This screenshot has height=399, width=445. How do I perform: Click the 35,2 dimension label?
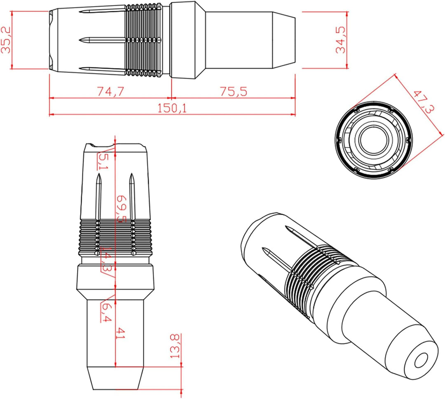tap(6, 40)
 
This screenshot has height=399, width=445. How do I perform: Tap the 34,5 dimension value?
tap(341, 40)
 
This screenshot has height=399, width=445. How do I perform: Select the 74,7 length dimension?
tap(110, 91)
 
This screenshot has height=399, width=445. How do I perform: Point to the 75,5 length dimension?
tap(234, 91)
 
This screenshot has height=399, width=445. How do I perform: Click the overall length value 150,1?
tap(172, 108)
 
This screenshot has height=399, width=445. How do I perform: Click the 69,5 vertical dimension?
tap(122, 209)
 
